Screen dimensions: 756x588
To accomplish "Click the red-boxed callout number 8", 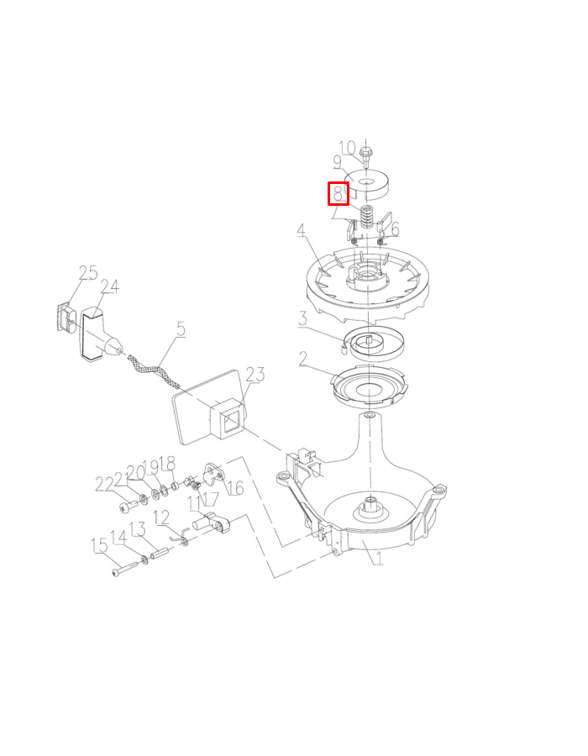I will coord(338,194).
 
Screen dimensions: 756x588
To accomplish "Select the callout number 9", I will coord(337,164).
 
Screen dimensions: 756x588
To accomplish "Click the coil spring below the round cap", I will coord(367,218).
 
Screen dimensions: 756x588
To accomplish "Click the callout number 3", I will coord(302,319).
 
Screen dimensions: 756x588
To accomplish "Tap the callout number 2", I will coord(302,360).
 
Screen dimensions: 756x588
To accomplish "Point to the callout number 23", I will coord(255,375).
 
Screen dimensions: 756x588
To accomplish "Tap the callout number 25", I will coord(88,273).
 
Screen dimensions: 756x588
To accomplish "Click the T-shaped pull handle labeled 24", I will coord(97,333).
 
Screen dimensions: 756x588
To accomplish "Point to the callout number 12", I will coord(160,517).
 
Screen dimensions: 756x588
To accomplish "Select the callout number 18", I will coord(167,464).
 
